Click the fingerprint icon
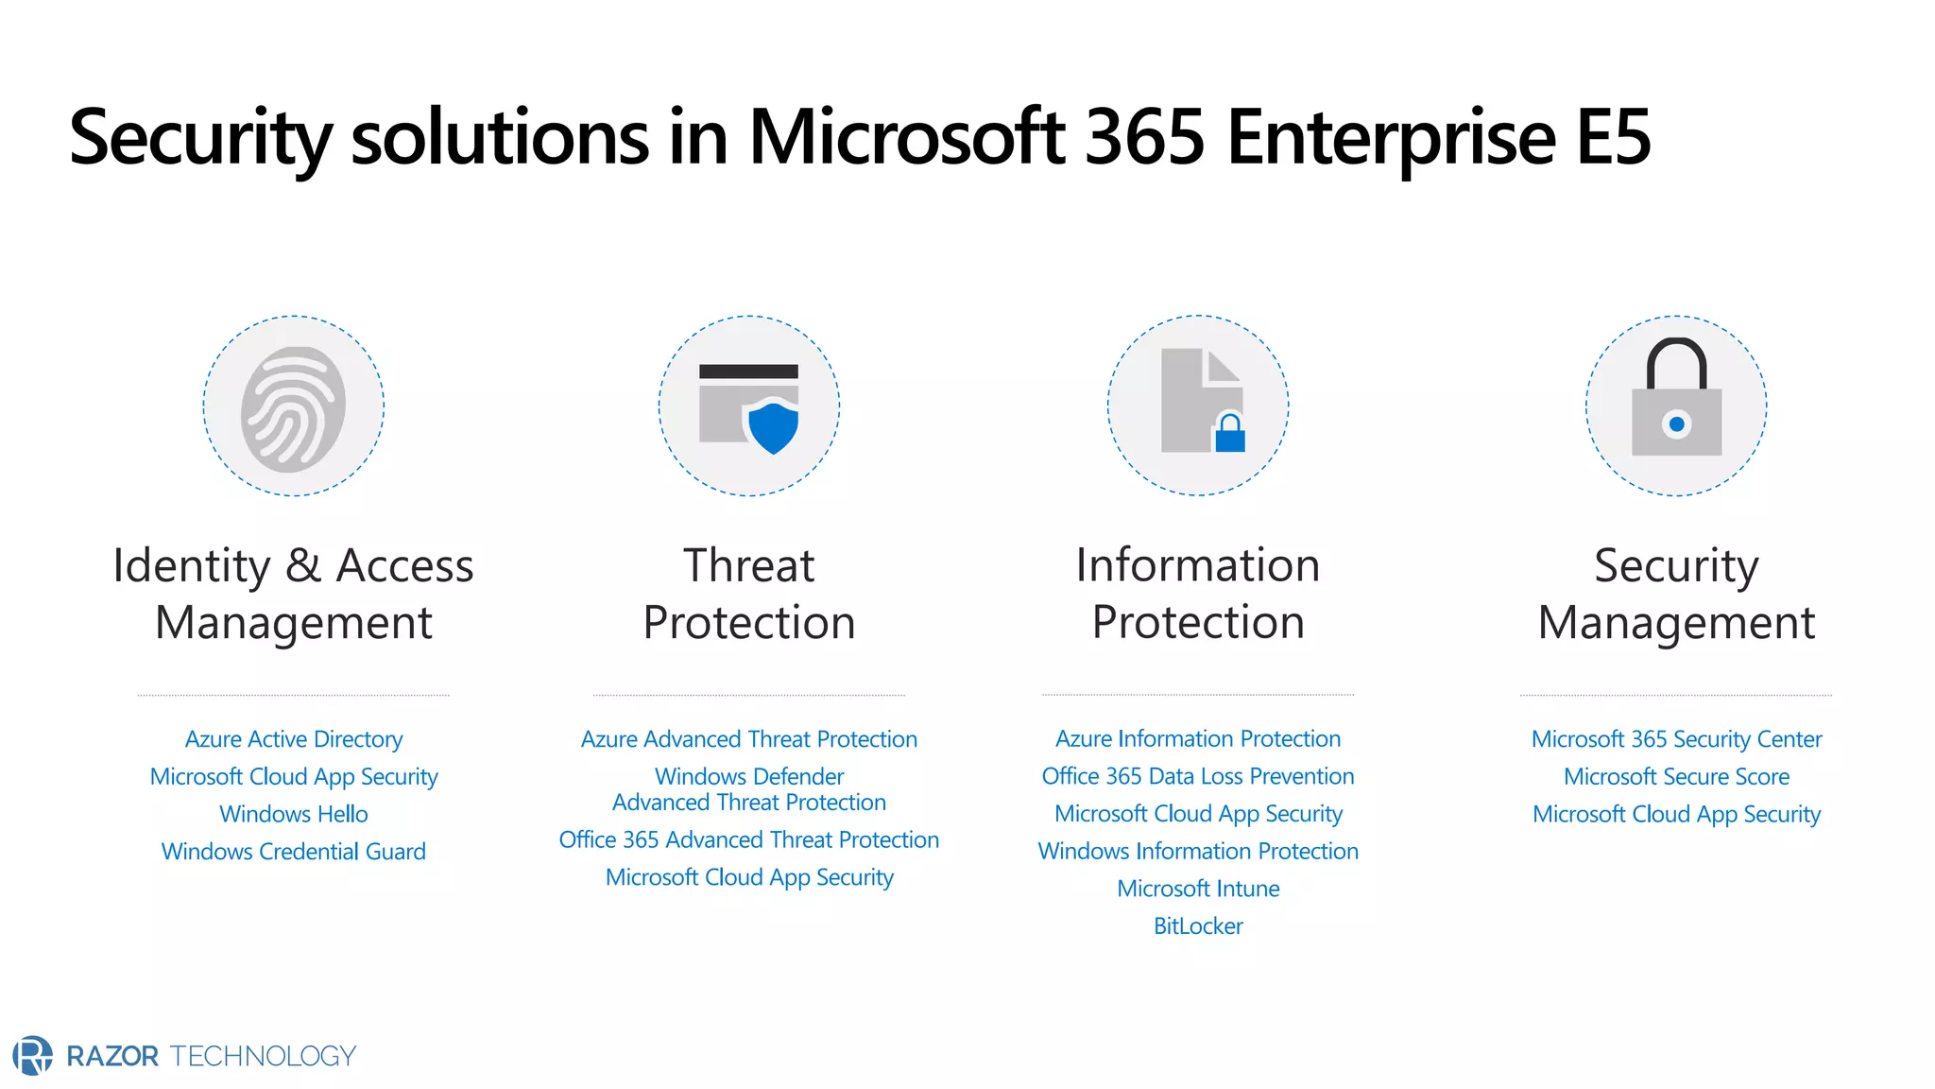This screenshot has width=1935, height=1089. click(293, 408)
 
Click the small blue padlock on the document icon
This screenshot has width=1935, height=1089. click(1229, 435)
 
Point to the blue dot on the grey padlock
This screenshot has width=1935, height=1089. click(1676, 424)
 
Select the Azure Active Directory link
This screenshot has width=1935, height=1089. click(293, 739)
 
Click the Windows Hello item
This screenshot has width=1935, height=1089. click(293, 814)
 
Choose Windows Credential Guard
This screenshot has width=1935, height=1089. click(293, 852)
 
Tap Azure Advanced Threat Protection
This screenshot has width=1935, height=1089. click(748, 739)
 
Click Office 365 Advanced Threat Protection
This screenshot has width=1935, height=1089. click(748, 839)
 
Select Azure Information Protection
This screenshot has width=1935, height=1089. click(1197, 738)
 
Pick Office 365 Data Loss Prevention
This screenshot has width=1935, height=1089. click(1197, 776)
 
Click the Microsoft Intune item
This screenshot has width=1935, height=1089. click(1197, 889)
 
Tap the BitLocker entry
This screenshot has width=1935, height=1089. click(1197, 926)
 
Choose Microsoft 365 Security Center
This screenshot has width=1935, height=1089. click(1676, 739)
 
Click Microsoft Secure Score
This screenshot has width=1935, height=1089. click(1676, 777)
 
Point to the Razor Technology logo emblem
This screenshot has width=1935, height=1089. click(33, 1055)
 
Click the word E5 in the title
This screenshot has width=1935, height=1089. click(1613, 138)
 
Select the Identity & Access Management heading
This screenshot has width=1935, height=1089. click(293, 594)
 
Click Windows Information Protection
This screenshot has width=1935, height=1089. click(1197, 851)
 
